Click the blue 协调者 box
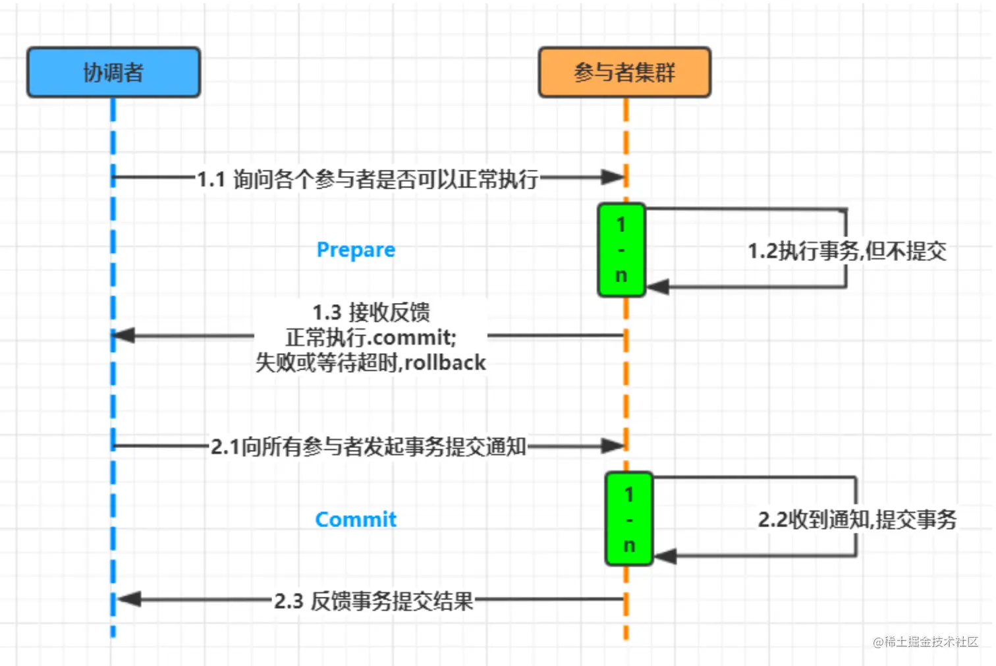coord(113,72)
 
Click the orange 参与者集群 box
coord(624,72)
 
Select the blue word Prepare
coord(356,250)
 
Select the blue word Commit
coord(356,519)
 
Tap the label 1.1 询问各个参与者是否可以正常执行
coord(368,179)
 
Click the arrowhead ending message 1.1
coord(613,177)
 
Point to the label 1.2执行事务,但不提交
coord(847,250)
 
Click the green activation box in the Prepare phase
coord(621,250)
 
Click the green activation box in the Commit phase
coord(629,519)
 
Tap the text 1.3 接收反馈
coord(371,312)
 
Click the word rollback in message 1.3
coord(445,362)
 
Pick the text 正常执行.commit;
coord(371,337)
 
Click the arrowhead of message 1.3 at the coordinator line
coord(124,335)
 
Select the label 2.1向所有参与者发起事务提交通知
coord(368,447)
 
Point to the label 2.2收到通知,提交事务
coord(856,519)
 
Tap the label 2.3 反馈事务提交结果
coord(373,601)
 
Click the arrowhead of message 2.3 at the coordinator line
coord(129,599)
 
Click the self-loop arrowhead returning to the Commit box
coord(665,556)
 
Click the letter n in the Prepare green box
coord(621,275)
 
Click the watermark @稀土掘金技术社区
coord(926,642)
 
